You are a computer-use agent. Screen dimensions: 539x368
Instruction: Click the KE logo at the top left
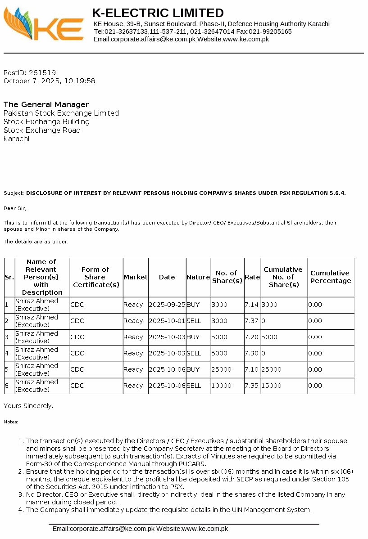tap(43, 25)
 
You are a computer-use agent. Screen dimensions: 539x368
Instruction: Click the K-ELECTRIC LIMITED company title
tap(158, 13)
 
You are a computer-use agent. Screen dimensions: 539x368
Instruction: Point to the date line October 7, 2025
tap(50, 81)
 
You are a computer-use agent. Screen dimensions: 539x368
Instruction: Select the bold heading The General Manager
tap(46, 104)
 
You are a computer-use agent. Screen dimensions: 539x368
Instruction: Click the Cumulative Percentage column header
tap(331, 277)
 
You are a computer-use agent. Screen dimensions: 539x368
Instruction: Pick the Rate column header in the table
tap(252, 277)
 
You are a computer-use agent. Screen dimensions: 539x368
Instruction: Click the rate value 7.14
tap(251, 305)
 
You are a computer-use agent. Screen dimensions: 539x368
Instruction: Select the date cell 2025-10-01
tap(167, 321)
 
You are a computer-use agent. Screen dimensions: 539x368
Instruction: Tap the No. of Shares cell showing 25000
tap(221, 369)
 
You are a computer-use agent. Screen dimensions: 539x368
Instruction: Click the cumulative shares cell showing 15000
tap(271, 386)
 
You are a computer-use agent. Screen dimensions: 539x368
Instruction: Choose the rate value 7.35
tap(251, 386)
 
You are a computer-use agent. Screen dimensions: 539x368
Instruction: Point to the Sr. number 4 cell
tap(7, 353)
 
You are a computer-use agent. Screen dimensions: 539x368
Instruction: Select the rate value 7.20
tap(251, 337)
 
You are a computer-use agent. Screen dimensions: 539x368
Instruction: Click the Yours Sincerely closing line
tap(28, 406)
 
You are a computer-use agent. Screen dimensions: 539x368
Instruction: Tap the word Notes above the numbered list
tap(11, 422)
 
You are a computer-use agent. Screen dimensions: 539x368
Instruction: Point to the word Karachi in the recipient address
tap(16, 139)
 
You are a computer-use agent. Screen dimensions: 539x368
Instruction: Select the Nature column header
tap(198, 277)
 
